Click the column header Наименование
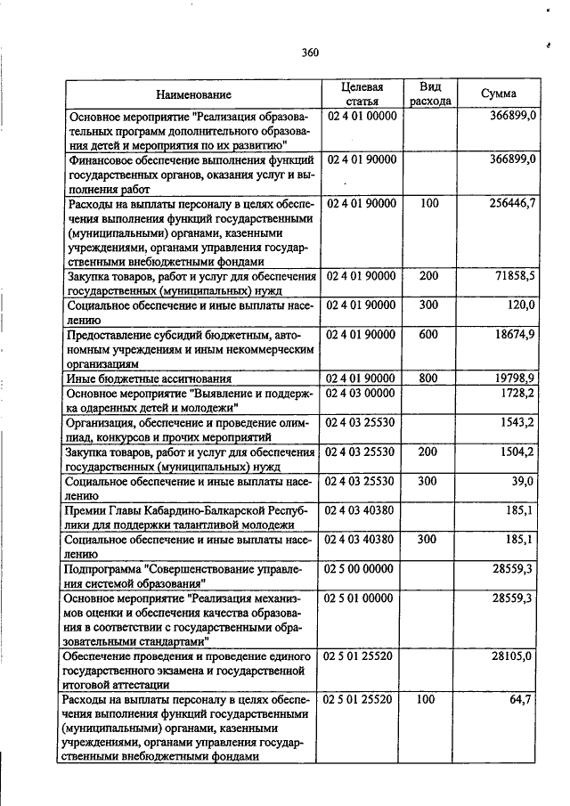pos(193,94)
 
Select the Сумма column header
pos(499,94)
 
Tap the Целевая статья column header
pos(362,94)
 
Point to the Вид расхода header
pos(430,94)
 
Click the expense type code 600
pos(428,334)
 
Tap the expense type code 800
pos(428,378)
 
